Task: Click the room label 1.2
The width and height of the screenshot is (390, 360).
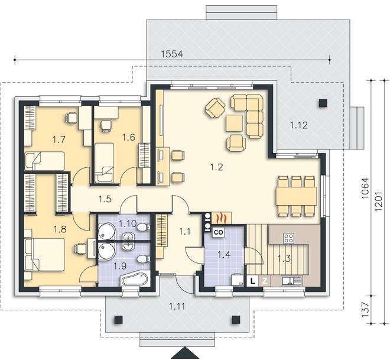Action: click(216, 167)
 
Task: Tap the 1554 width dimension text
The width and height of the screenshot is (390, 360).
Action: click(172, 54)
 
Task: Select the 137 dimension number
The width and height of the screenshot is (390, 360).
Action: click(365, 310)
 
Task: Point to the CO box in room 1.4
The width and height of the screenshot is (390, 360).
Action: click(218, 232)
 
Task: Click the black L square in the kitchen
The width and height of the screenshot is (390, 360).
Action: click(253, 281)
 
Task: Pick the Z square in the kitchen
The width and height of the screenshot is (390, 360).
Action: click(264, 281)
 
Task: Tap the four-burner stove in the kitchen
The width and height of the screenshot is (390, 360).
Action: click(289, 238)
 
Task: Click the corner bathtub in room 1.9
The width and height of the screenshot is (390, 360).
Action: click(134, 280)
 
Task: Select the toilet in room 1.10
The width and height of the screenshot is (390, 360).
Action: click(144, 228)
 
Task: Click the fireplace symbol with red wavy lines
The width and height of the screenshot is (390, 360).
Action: click(221, 218)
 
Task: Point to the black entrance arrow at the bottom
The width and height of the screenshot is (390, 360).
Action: click(184, 353)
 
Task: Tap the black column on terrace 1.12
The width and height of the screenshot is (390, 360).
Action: click(323, 103)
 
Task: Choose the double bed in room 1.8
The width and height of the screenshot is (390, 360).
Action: click(45, 255)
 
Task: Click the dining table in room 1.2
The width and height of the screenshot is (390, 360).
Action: click(296, 196)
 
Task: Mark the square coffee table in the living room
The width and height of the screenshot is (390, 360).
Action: click(234, 123)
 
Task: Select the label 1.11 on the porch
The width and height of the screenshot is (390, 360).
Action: click(177, 306)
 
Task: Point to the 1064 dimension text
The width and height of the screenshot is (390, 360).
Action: click(365, 188)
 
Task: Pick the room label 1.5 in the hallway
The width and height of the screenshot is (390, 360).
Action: click(105, 199)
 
